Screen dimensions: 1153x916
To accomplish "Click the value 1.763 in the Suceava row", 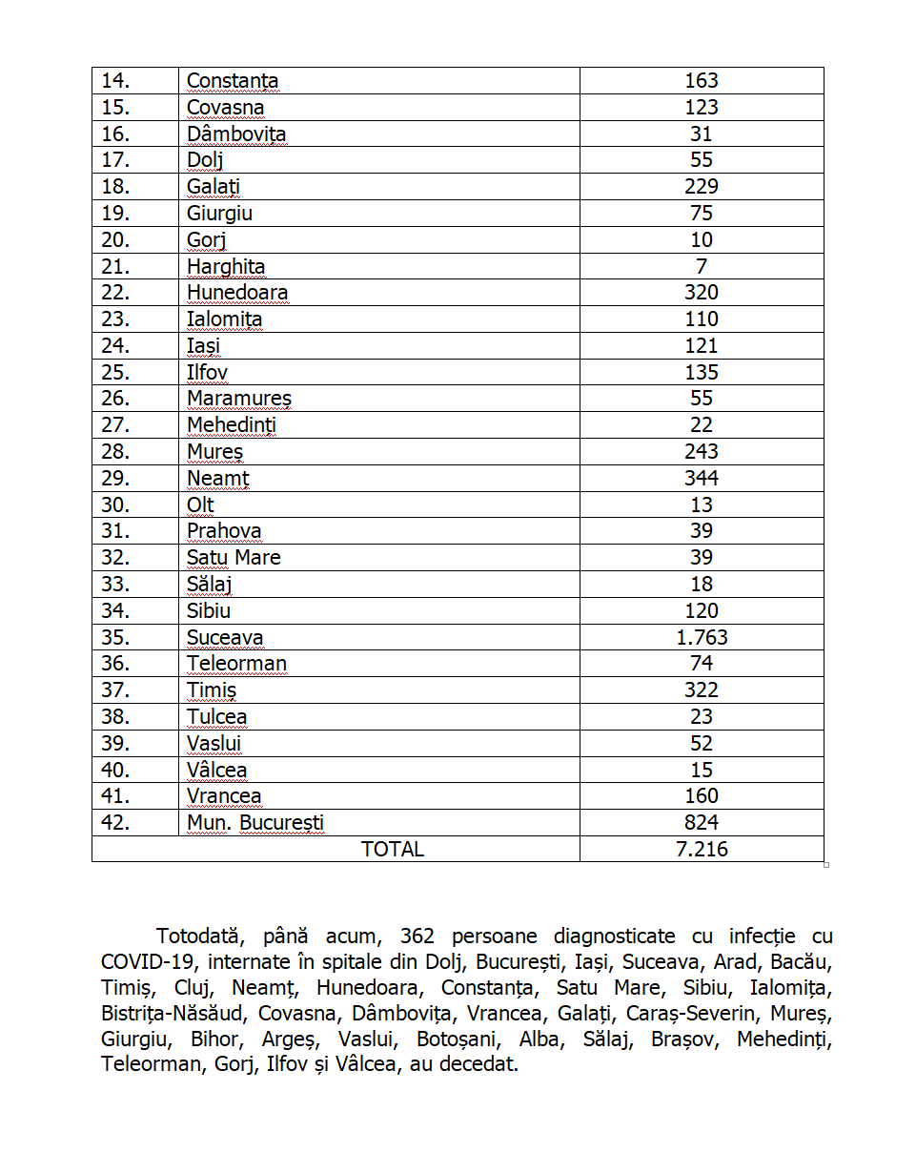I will tap(702, 637).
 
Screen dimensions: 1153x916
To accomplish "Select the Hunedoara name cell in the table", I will tap(237, 293).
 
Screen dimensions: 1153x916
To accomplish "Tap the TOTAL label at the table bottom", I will tap(393, 849).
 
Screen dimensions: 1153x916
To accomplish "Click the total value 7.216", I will tap(702, 849).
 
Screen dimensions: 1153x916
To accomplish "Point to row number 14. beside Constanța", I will tap(115, 81).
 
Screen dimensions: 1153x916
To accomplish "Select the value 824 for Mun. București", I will tap(702, 822).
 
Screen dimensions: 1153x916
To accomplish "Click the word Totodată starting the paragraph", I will tap(200, 937).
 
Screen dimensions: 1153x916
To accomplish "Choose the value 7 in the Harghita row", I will tap(702, 266).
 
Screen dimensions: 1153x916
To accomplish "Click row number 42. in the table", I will tap(115, 822).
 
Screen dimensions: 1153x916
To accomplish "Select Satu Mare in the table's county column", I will tap(234, 558).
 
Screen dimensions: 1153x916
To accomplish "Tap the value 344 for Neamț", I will tap(702, 478).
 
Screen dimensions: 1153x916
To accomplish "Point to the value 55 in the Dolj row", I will tap(702, 160).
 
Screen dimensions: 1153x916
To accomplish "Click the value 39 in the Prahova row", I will tap(702, 531).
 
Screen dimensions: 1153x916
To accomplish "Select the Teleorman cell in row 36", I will tap(236, 664).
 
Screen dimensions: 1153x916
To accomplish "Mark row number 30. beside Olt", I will tap(115, 504).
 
